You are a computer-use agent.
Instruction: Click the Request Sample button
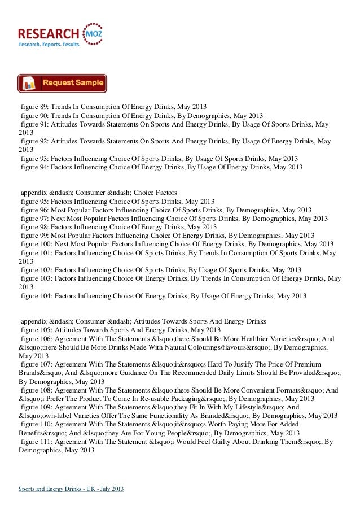click(62, 84)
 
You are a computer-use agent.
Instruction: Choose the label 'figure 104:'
click(37, 296)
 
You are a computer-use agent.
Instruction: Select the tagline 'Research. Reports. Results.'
click(50, 44)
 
